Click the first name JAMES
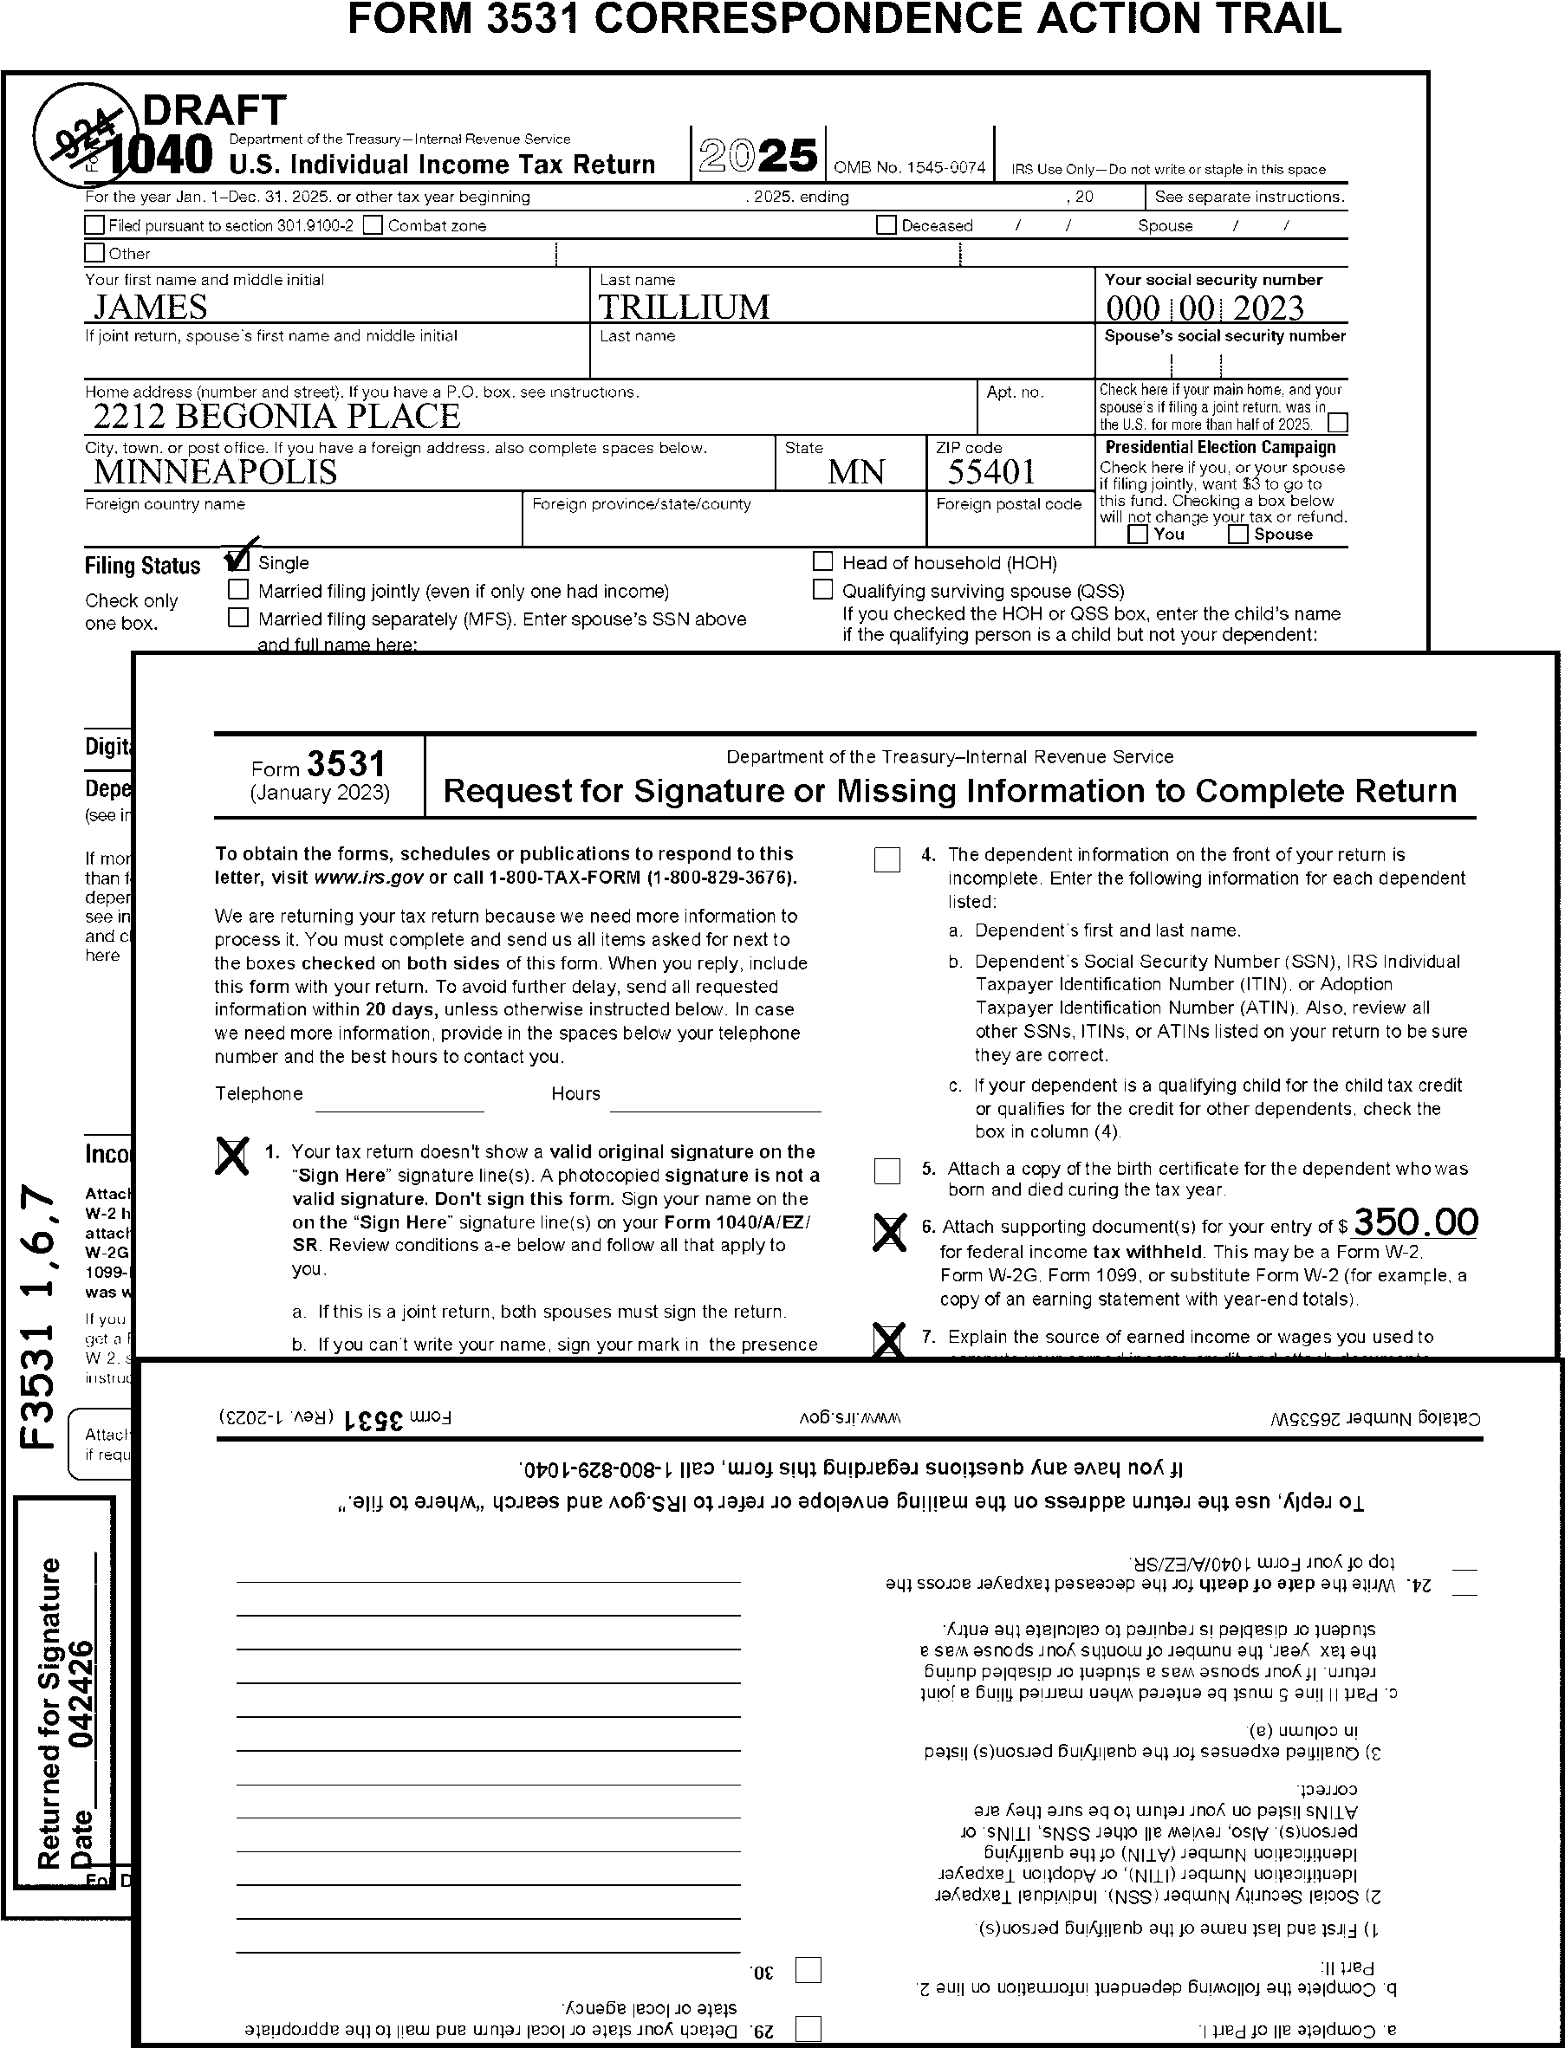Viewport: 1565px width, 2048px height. click(150, 308)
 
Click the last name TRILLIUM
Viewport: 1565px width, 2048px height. click(684, 308)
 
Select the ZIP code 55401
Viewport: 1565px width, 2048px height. click(990, 472)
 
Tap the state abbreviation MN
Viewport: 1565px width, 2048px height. click(856, 472)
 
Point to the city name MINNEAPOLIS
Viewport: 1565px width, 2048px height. click(215, 472)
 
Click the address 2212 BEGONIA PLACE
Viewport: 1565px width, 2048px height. click(276, 417)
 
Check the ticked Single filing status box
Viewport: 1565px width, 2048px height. click(238, 561)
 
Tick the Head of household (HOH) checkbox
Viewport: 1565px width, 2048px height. click(822, 561)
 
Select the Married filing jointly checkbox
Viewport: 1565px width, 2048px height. click(238, 589)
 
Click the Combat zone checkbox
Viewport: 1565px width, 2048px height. click(373, 225)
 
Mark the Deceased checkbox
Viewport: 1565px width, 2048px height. click(886, 225)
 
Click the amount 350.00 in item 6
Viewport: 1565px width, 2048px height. click(1415, 1222)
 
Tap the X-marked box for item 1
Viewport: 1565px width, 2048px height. click(232, 1156)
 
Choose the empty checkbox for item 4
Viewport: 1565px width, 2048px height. click(886, 859)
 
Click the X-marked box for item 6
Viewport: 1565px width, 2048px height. click(889, 1231)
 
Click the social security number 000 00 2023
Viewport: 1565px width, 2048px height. click(1205, 308)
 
